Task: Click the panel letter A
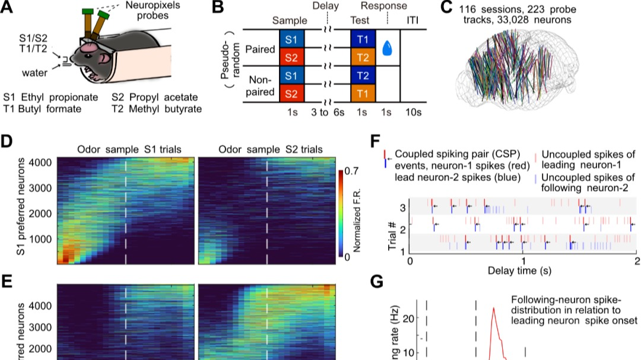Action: [x=10, y=9]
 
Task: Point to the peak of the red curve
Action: [x=493, y=308]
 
